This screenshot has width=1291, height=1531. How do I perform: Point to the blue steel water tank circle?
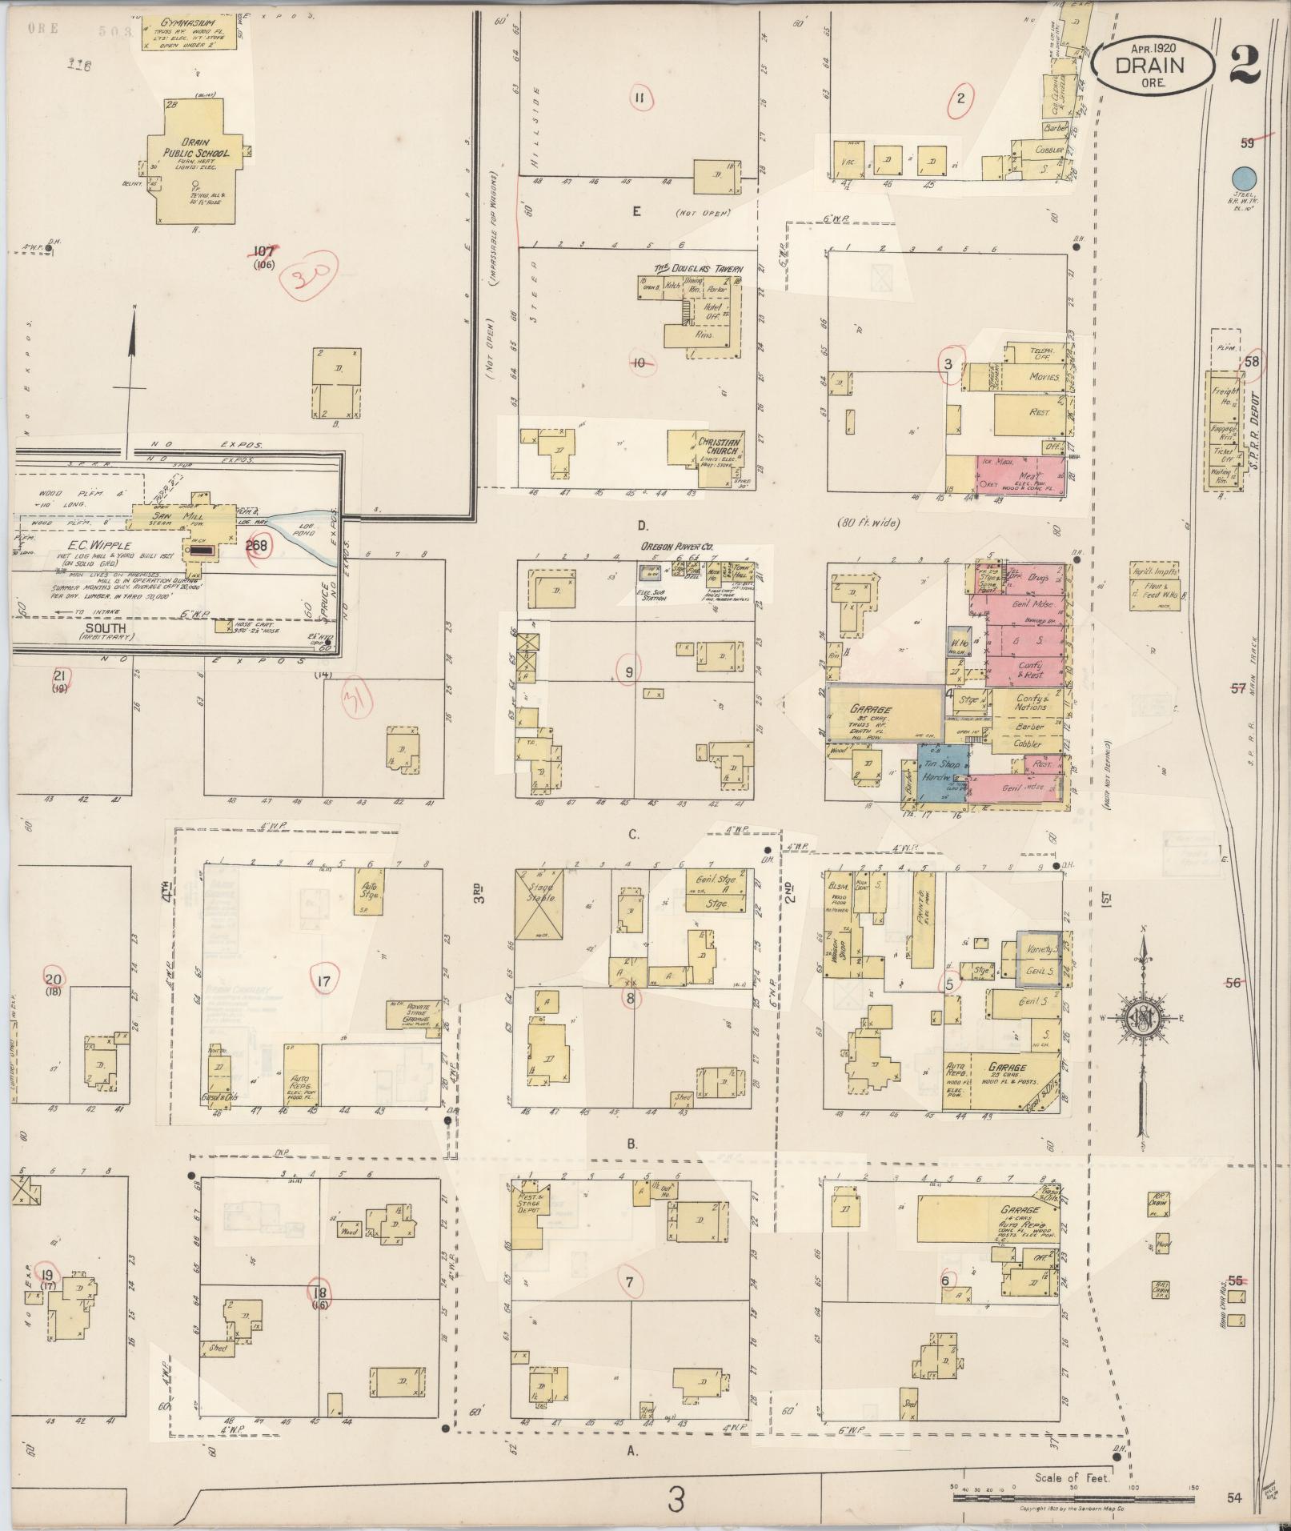point(1243,178)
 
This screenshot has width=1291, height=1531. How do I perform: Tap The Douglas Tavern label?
point(700,268)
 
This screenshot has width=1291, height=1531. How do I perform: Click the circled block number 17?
point(324,981)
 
